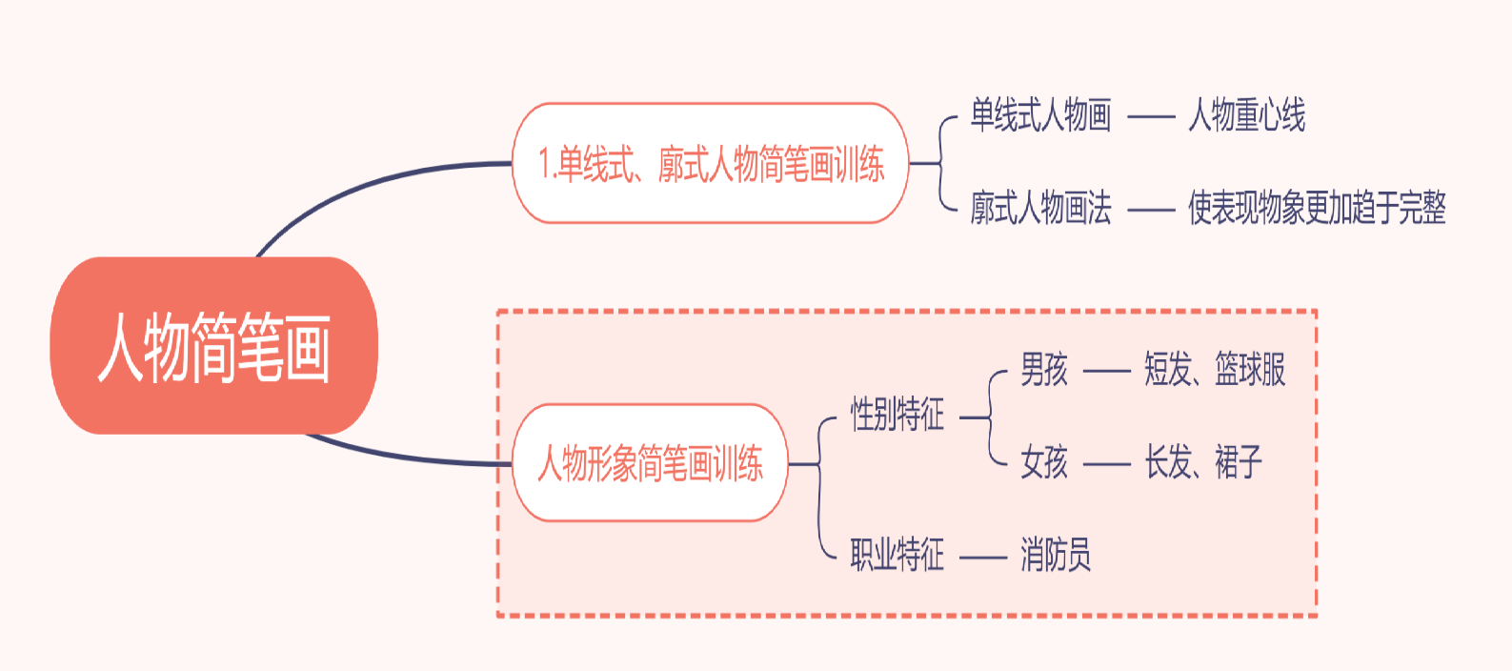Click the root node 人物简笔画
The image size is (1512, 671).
click(213, 346)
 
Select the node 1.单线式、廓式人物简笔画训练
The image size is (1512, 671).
click(711, 164)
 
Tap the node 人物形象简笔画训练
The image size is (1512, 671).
click(650, 463)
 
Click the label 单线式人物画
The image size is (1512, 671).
click(1040, 115)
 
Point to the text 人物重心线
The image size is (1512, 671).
click(1246, 115)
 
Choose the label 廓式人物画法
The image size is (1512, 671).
click(1040, 208)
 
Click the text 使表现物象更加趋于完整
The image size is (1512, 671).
click(1317, 208)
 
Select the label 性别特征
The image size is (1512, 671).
click(897, 416)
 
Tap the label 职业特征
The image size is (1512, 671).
click(897, 555)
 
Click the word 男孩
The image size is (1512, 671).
click(1043, 370)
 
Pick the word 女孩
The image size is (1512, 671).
click(1043, 463)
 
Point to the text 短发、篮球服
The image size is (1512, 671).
click(1215, 370)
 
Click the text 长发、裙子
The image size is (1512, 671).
click(1203, 463)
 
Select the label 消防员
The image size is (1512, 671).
click(1055, 555)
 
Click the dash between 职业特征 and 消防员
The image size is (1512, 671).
click(982, 557)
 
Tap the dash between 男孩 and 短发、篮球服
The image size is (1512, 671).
click(1106, 371)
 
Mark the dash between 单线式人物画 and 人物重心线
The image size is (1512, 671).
click(1151, 117)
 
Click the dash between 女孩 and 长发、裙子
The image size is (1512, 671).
click(1106, 464)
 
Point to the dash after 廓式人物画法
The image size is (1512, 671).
click(1151, 210)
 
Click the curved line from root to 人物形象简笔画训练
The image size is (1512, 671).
click(400, 457)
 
